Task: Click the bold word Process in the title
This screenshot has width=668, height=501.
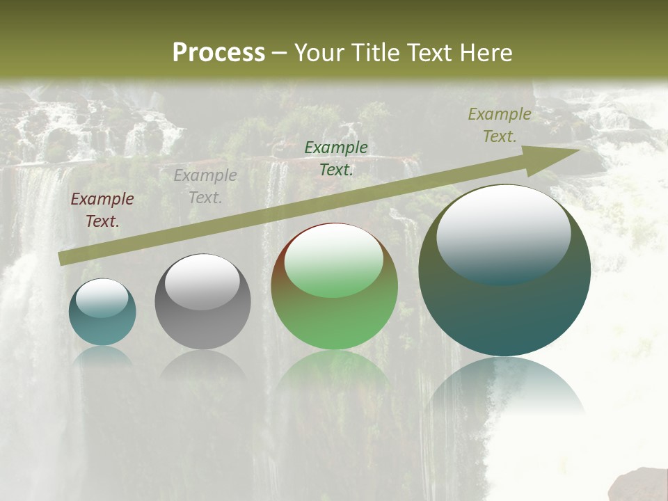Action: tap(218, 53)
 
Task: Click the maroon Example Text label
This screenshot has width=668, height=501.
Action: tap(102, 210)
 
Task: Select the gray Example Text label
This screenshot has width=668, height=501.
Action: tap(205, 186)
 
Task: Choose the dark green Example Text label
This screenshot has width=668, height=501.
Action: tap(336, 158)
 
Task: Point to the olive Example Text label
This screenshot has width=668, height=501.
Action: tap(500, 125)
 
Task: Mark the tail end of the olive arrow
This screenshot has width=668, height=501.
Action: tap(61, 259)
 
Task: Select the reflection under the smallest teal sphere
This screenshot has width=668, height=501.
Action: tap(102, 356)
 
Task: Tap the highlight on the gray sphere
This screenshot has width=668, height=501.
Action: tap(202, 282)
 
